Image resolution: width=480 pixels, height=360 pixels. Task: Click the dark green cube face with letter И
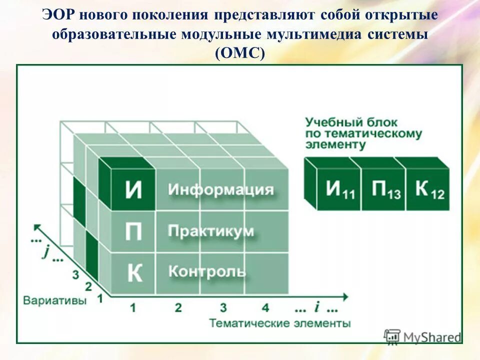[x=133, y=190]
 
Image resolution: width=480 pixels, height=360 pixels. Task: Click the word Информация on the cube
[x=220, y=190]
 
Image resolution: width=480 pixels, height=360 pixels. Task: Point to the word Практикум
[x=210, y=231]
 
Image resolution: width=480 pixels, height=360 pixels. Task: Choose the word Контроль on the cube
[x=207, y=271]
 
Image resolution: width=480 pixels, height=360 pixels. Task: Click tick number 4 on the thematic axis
[x=265, y=307]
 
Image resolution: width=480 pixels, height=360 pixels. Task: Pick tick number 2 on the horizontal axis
[x=178, y=307]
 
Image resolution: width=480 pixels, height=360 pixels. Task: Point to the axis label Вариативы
[x=55, y=301]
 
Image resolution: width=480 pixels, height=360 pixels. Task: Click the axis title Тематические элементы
[x=279, y=323]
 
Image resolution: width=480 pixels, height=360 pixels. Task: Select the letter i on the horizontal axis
[x=317, y=306]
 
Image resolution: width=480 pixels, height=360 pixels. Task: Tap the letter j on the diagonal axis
[x=45, y=251]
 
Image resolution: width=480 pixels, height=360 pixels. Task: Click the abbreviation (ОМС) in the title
[x=239, y=53]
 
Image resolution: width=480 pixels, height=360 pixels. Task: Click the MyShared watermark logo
[x=423, y=337]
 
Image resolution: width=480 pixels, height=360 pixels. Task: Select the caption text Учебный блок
[x=351, y=121]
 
